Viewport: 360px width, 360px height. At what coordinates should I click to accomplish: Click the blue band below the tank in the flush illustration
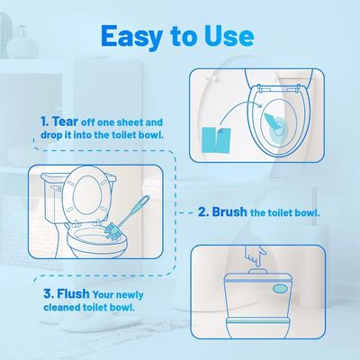pos(270,319)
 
